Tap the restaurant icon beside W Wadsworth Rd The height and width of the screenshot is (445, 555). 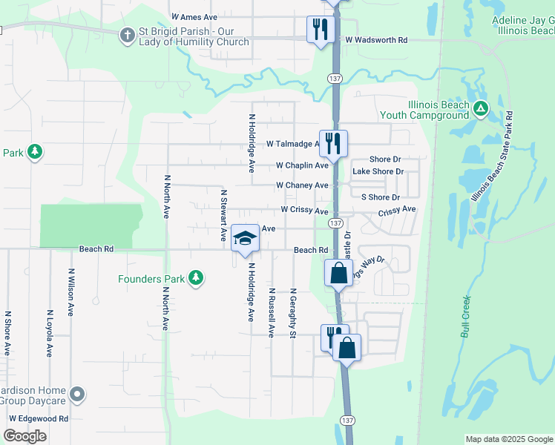[320, 30]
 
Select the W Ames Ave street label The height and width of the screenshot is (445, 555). [194, 16]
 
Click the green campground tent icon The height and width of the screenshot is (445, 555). [482, 110]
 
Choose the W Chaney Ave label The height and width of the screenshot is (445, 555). [301, 185]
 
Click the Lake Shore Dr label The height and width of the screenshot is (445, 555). [378, 171]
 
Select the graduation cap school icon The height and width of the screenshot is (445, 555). [244, 238]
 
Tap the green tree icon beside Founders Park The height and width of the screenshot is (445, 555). [195, 278]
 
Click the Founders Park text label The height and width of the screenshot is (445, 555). [151, 279]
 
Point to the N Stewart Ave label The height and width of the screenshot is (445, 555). [223, 215]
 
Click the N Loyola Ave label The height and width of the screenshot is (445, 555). [50, 333]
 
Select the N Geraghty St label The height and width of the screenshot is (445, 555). [293, 313]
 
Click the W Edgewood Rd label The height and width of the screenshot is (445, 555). [38, 418]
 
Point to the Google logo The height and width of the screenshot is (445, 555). [24, 436]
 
